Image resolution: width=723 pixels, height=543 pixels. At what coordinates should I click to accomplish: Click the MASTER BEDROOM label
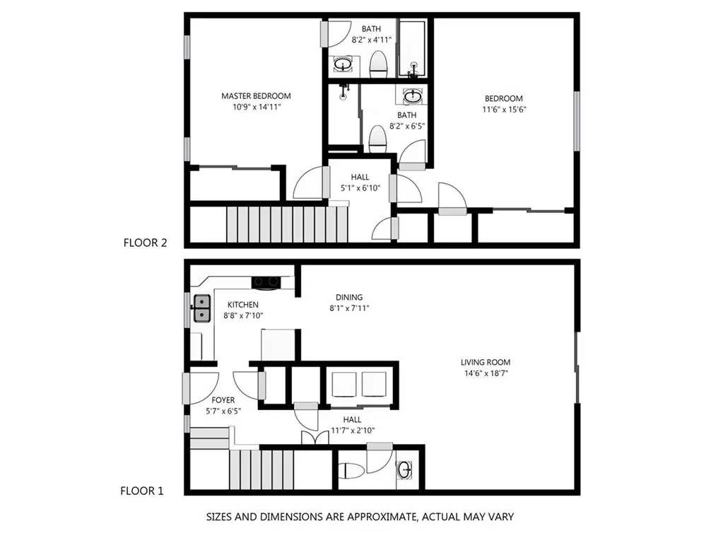click(x=256, y=96)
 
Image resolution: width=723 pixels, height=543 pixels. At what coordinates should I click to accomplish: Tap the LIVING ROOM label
click(x=486, y=362)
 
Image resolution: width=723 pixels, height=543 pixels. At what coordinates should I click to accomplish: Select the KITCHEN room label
click(x=243, y=305)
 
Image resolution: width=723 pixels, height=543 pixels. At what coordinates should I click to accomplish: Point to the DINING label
click(x=349, y=297)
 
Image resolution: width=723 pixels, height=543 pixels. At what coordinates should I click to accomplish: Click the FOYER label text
click(x=223, y=400)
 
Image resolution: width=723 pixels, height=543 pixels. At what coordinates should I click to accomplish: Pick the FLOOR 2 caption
click(x=146, y=243)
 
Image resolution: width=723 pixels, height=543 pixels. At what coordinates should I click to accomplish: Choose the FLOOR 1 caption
click(x=142, y=491)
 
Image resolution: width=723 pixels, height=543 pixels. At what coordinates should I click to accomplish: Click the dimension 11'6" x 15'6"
click(x=504, y=110)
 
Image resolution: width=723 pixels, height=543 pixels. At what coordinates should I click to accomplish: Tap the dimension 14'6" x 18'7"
click(x=486, y=373)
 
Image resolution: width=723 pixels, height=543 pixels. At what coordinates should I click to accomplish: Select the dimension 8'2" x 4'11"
click(x=372, y=40)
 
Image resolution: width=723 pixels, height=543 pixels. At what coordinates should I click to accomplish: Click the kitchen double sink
click(x=202, y=308)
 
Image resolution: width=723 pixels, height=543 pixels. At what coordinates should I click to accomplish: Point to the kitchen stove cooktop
click(x=266, y=282)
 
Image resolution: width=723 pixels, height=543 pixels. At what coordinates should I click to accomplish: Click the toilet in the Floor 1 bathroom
click(x=349, y=471)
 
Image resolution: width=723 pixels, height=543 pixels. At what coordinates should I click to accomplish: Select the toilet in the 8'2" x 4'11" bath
click(x=379, y=64)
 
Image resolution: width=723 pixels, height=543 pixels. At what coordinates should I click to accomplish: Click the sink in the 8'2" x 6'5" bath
click(x=412, y=97)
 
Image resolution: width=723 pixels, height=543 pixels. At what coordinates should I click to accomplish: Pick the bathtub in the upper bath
click(x=413, y=48)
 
